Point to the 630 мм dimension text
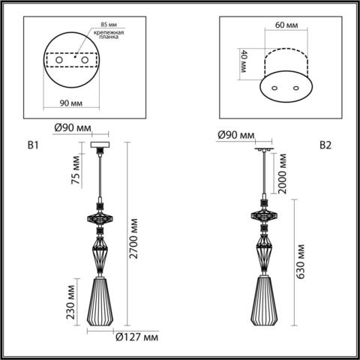(300, 260)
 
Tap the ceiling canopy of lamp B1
(100, 145)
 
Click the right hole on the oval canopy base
(295, 89)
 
